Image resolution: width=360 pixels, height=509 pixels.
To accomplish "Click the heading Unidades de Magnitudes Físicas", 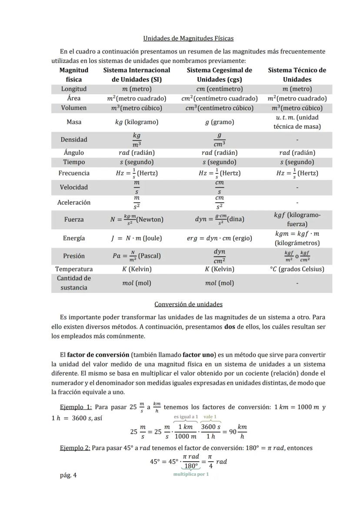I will coord(188,38).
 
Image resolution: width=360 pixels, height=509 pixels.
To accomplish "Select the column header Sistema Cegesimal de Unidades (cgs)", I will coord(219,75).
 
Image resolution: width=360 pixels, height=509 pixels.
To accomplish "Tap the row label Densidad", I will coord(74,140).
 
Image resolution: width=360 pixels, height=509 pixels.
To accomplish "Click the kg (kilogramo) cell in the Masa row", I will coord(137,122).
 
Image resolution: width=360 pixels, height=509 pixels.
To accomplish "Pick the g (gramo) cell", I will coord(219,122).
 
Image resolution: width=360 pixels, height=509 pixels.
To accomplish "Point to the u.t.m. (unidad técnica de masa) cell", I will coord(297,122).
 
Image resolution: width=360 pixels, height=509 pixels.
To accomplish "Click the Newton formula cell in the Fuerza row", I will coord(137,220).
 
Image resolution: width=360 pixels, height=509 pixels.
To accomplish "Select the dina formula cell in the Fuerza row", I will coord(219,220).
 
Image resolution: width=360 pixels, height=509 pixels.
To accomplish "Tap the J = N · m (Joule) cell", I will coord(137,238).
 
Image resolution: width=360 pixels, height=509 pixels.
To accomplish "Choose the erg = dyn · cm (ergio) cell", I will coord(219,238).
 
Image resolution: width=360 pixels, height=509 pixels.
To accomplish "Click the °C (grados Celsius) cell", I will coord(297,269).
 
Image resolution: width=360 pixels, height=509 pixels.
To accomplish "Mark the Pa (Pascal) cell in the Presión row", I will coord(137,256).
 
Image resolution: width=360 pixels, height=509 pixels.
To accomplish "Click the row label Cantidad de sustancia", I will coord(74,283).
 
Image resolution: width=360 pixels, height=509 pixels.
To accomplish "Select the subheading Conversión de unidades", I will coord(188,304).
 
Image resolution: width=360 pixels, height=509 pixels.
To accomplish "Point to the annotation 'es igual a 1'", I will coord(186,417).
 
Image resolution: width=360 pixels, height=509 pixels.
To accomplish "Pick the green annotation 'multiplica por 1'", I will coord(191,474).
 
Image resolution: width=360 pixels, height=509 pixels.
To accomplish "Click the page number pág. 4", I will coord(68,475).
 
